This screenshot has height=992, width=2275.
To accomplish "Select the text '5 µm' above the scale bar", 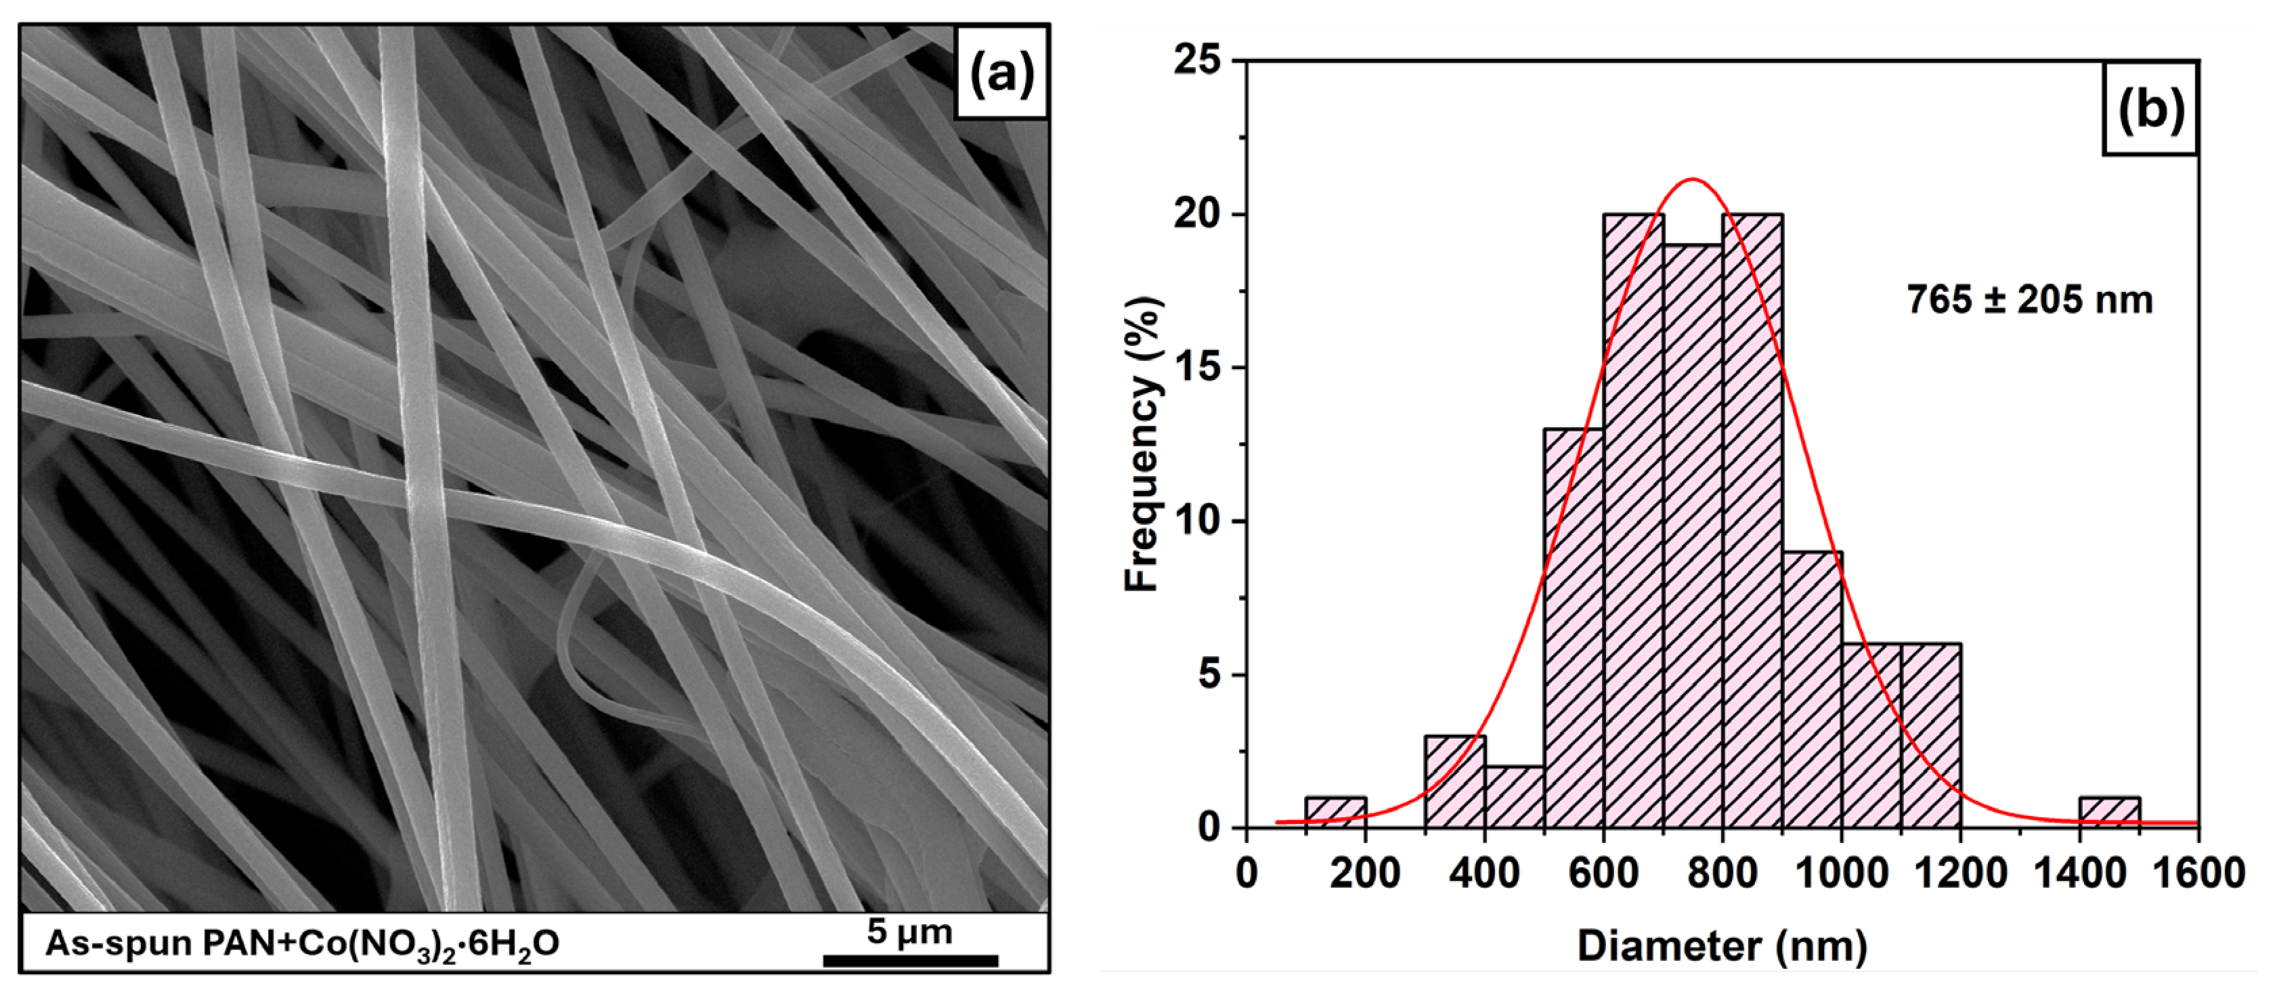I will coord(909,931).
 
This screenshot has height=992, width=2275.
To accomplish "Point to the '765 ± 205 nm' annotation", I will coord(2029,301).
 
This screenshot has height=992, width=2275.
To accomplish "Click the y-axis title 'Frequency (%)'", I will coord(1143,444).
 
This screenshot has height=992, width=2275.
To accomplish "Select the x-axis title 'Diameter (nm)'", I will coord(1721,945).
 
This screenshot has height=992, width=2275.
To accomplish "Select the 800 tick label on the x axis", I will coord(1722,874).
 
